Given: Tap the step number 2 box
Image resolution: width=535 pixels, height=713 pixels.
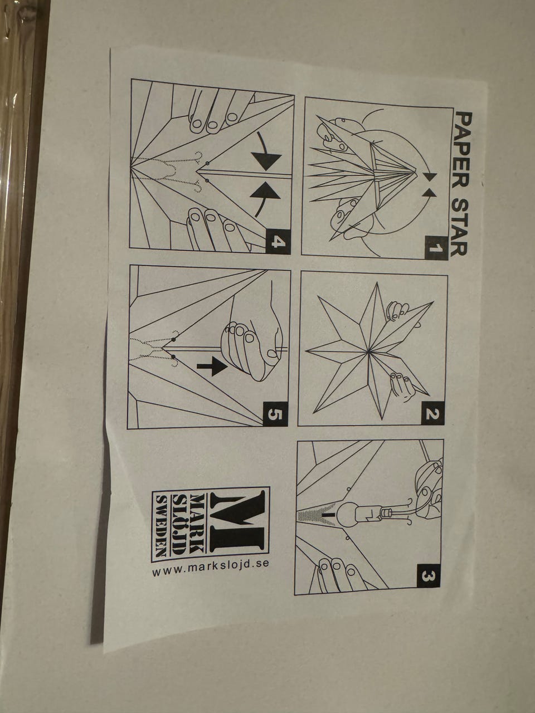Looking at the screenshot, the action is click(432, 414).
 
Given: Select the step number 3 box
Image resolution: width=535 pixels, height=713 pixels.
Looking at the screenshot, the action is click(427, 576).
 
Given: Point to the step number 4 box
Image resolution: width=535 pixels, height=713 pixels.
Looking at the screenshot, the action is click(278, 241).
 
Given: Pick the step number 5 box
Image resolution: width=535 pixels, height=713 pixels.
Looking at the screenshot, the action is click(275, 414).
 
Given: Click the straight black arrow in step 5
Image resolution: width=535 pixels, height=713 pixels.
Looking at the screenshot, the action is click(211, 368).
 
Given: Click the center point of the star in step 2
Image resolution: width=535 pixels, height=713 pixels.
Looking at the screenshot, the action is click(368, 351).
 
